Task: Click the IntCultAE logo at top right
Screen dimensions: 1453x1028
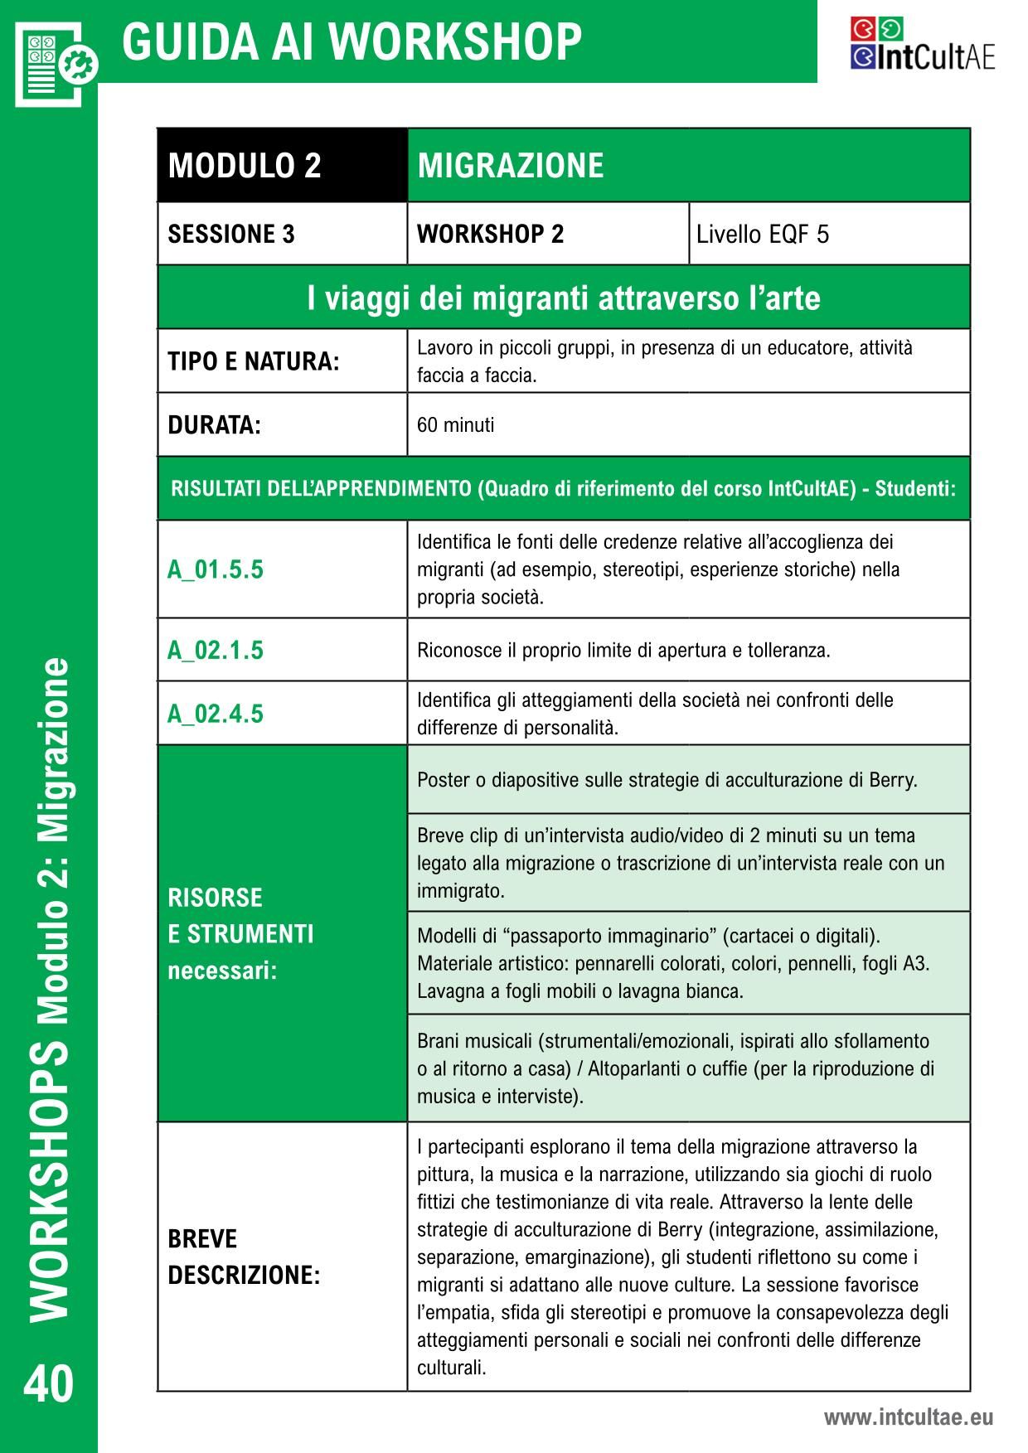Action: click(x=922, y=45)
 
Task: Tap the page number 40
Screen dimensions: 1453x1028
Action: click(x=49, y=1384)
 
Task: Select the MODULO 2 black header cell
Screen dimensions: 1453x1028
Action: click(x=245, y=166)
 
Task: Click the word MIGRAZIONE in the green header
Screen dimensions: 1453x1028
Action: click(x=511, y=166)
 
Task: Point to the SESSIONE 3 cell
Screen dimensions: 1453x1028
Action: click(x=231, y=235)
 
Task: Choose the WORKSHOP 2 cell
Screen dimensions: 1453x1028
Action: click(x=490, y=235)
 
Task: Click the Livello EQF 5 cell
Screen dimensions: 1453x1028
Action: click(x=762, y=235)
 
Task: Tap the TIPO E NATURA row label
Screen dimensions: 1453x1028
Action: click(x=254, y=362)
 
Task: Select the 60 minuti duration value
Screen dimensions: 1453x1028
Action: click(x=455, y=425)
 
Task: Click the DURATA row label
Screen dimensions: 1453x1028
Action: click(x=214, y=425)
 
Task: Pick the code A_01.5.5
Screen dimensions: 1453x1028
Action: click(x=216, y=569)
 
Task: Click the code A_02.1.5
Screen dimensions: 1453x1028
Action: click(x=216, y=650)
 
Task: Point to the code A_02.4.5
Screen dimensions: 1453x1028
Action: click(x=216, y=714)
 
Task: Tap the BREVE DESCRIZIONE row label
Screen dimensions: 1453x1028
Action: click(x=244, y=1257)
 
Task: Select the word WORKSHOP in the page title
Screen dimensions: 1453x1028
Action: click(x=459, y=41)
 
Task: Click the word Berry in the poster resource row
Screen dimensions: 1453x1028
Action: click(x=892, y=780)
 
